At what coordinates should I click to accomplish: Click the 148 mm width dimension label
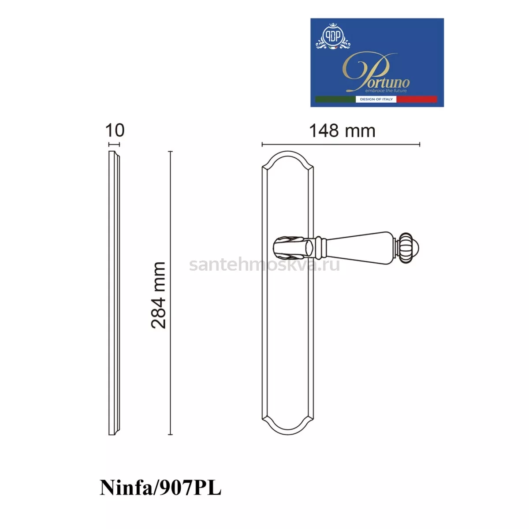click(342, 131)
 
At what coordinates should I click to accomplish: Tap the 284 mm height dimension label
click(159, 295)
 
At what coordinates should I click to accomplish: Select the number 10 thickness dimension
click(115, 130)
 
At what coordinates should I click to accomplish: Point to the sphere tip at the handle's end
click(416, 249)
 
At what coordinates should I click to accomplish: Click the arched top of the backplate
click(287, 152)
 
